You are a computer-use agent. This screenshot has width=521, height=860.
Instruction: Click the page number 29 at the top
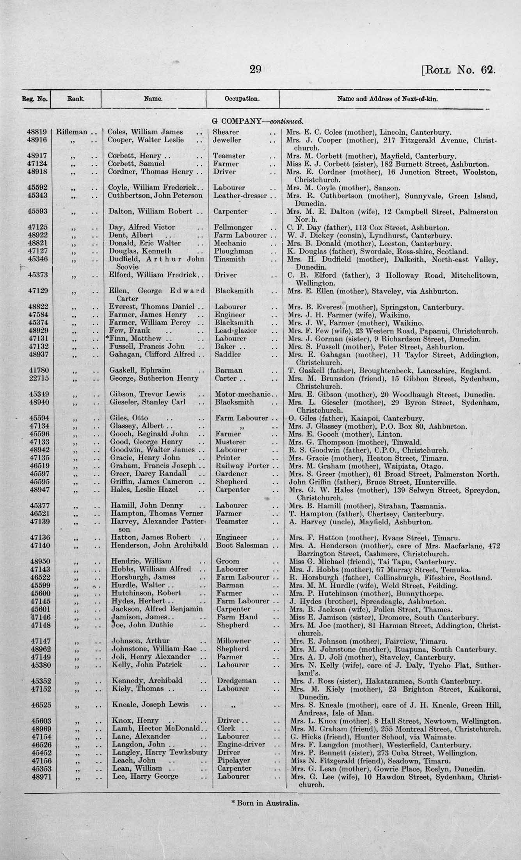[255, 69]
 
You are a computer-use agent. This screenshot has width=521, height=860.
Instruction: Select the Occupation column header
[242, 99]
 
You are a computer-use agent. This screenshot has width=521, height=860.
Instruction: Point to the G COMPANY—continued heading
[258, 122]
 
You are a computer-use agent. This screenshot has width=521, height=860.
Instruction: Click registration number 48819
[38, 132]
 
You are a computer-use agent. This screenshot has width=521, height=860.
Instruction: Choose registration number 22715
[38, 378]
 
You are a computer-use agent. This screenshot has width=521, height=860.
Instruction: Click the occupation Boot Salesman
[242, 545]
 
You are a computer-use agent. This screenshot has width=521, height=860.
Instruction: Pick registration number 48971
[38, 776]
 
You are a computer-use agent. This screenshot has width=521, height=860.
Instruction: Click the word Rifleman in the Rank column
[71, 132]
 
